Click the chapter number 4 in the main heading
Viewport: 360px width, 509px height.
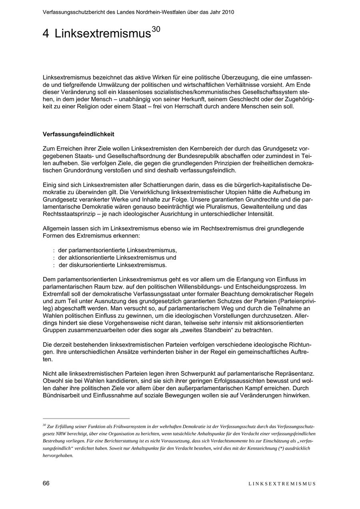[x=46, y=34]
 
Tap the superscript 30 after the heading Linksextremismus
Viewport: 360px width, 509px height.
[x=156, y=29]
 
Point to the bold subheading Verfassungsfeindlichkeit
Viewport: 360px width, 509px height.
[x=78, y=134]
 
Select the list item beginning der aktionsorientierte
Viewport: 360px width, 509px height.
[x=117, y=258]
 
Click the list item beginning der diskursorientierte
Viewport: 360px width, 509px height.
[x=112, y=265]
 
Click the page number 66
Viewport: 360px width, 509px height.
[x=46, y=483]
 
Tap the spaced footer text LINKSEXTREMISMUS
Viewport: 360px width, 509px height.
[x=282, y=484]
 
